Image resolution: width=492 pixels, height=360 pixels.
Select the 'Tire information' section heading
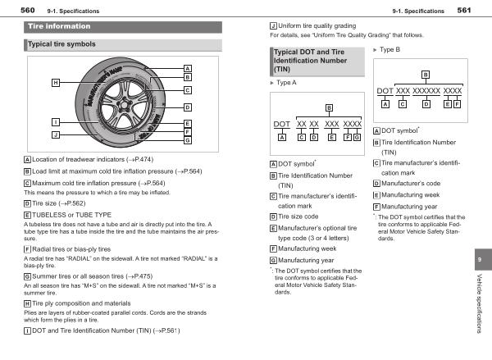pos(54,26)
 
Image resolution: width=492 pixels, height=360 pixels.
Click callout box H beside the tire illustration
pos(56,83)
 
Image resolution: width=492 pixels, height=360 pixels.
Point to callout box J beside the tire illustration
pos(56,134)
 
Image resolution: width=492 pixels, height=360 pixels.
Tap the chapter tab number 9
pos(479,260)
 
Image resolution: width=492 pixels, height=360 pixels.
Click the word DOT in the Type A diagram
pos(281,124)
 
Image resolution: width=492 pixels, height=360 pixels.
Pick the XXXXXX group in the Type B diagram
pos(425,90)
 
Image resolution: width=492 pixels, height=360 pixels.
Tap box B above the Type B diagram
pos(425,74)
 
